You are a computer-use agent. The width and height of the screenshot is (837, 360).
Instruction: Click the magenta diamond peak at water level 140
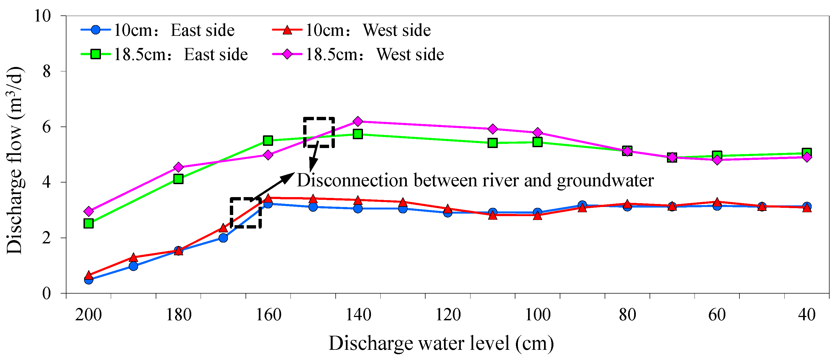coord(358,121)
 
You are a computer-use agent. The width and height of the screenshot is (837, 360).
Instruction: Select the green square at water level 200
coord(88,223)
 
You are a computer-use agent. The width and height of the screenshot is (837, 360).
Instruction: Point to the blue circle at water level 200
coord(88,279)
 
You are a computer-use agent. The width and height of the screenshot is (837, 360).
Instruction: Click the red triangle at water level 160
coord(268,198)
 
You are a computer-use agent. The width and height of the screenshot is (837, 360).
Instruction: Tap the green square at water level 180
coord(178,179)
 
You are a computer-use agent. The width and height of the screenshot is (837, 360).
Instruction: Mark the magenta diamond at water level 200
coord(88,211)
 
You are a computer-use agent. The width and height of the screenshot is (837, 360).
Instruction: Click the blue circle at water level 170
coord(223,238)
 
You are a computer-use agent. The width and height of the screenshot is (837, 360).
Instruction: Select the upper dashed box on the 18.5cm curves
coord(319,132)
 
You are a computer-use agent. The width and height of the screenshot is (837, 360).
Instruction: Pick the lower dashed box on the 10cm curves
coord(246,213)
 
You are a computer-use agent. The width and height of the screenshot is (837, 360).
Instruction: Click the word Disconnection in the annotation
coord(352,180)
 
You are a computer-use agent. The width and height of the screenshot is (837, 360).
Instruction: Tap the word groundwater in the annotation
coord(605,180)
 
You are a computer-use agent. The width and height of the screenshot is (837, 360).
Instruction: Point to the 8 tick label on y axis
coord(47,71)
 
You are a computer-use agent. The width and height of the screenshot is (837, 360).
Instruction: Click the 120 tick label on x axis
coord(448,315)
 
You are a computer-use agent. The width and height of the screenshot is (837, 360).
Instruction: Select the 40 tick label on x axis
coord(807,315)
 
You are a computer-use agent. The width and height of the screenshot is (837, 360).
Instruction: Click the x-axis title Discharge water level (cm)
coord(441,343)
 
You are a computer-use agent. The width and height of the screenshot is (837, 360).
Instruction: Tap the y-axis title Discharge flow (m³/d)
coord(14,160)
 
